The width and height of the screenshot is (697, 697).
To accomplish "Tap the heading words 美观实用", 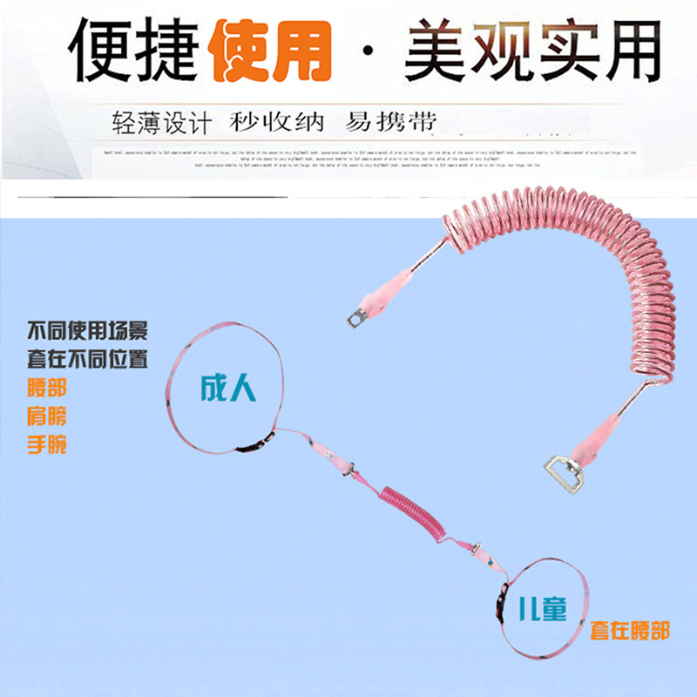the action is click(x=532, y=51).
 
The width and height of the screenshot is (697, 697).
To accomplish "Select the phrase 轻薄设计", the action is click(x=161, y=122).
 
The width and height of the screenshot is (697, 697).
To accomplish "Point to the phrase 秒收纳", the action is click(x=277, y=121).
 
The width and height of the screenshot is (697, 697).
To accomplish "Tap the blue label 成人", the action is click(x=229, y=389).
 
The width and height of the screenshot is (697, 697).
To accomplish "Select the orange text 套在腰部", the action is click(x=630, y=629).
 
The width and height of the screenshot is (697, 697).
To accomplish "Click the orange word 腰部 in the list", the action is click(x=47, y=389).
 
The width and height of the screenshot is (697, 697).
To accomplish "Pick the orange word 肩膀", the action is click(x=47, y=417).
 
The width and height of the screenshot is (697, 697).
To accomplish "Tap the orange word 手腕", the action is click(x=47, y=445).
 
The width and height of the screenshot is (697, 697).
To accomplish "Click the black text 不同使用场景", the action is click(x=87, y=331).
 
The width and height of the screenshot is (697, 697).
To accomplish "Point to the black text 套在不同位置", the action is click(x=87, y=358).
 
